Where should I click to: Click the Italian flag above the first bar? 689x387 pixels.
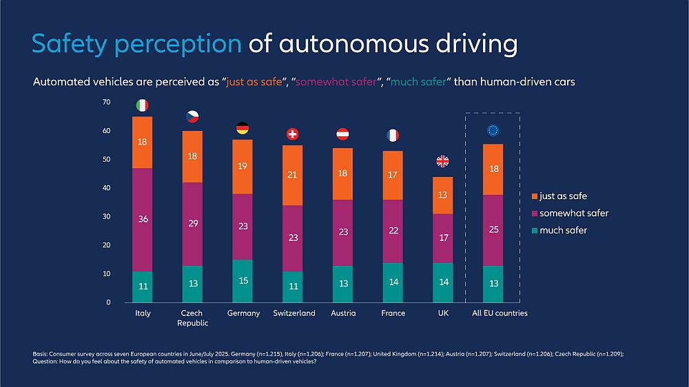click(143, 105)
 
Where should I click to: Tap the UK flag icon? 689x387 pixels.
click(442, 162)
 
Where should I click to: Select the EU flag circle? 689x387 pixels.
click(493, 130)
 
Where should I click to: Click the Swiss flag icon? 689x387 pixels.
click(292, 134)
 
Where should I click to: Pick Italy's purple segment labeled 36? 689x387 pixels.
click(143, 220)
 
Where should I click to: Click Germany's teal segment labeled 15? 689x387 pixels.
click(243, 281)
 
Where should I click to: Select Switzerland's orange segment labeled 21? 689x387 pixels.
click(292, 175)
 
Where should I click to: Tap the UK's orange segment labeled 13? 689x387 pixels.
click(442, 195)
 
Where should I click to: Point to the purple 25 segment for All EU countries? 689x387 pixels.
click(493, 230)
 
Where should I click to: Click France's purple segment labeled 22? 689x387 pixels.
click(393, 231)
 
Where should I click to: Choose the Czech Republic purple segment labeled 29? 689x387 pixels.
click(192, 224)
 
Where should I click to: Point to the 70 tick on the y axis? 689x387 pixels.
click(106, 102)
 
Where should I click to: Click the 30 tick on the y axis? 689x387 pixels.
click(106, 216)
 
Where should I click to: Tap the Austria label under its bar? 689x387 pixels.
click(342, 313)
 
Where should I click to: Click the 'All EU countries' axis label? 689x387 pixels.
click(500, 313)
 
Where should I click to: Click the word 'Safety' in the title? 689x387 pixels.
click(66, 44)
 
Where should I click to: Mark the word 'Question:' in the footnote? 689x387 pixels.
click(48, 362)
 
